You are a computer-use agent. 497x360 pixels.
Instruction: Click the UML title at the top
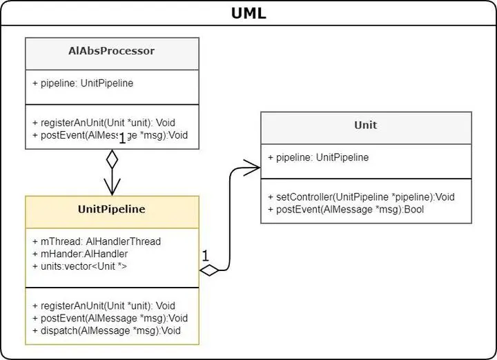tap(248, 13)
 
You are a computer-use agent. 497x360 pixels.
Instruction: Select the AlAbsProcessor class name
tap(112, 51)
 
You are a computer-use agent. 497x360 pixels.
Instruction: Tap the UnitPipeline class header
tap(112, 209)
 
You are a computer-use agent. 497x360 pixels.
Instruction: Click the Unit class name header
tap(366, 125)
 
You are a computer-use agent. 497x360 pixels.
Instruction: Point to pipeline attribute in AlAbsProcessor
tap(83, 83)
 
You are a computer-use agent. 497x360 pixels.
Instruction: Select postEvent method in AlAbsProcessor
tap(110, 134)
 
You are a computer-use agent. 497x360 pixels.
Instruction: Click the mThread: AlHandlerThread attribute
tap(97, 241)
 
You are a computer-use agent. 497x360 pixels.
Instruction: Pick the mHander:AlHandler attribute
tap(80, 254)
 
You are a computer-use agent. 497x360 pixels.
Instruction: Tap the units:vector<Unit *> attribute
tap(79, 266)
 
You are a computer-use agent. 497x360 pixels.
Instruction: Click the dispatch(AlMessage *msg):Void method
tap(106, 330)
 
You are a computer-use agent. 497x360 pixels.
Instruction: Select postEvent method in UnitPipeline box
tap(110, 318)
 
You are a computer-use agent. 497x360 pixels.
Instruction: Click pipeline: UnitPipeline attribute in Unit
tap(322, 157)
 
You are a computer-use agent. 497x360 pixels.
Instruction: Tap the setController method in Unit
tap(365, 197)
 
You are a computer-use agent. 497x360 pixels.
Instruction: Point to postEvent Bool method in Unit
tap(350, 209)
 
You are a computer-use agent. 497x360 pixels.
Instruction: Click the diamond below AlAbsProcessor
tap(112, 159)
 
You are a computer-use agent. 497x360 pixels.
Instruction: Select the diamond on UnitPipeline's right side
tap(209, 270)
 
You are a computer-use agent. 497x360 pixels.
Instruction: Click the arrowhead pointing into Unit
tap(253, 166)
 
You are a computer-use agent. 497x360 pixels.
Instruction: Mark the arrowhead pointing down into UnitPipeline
tap(112, 188)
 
